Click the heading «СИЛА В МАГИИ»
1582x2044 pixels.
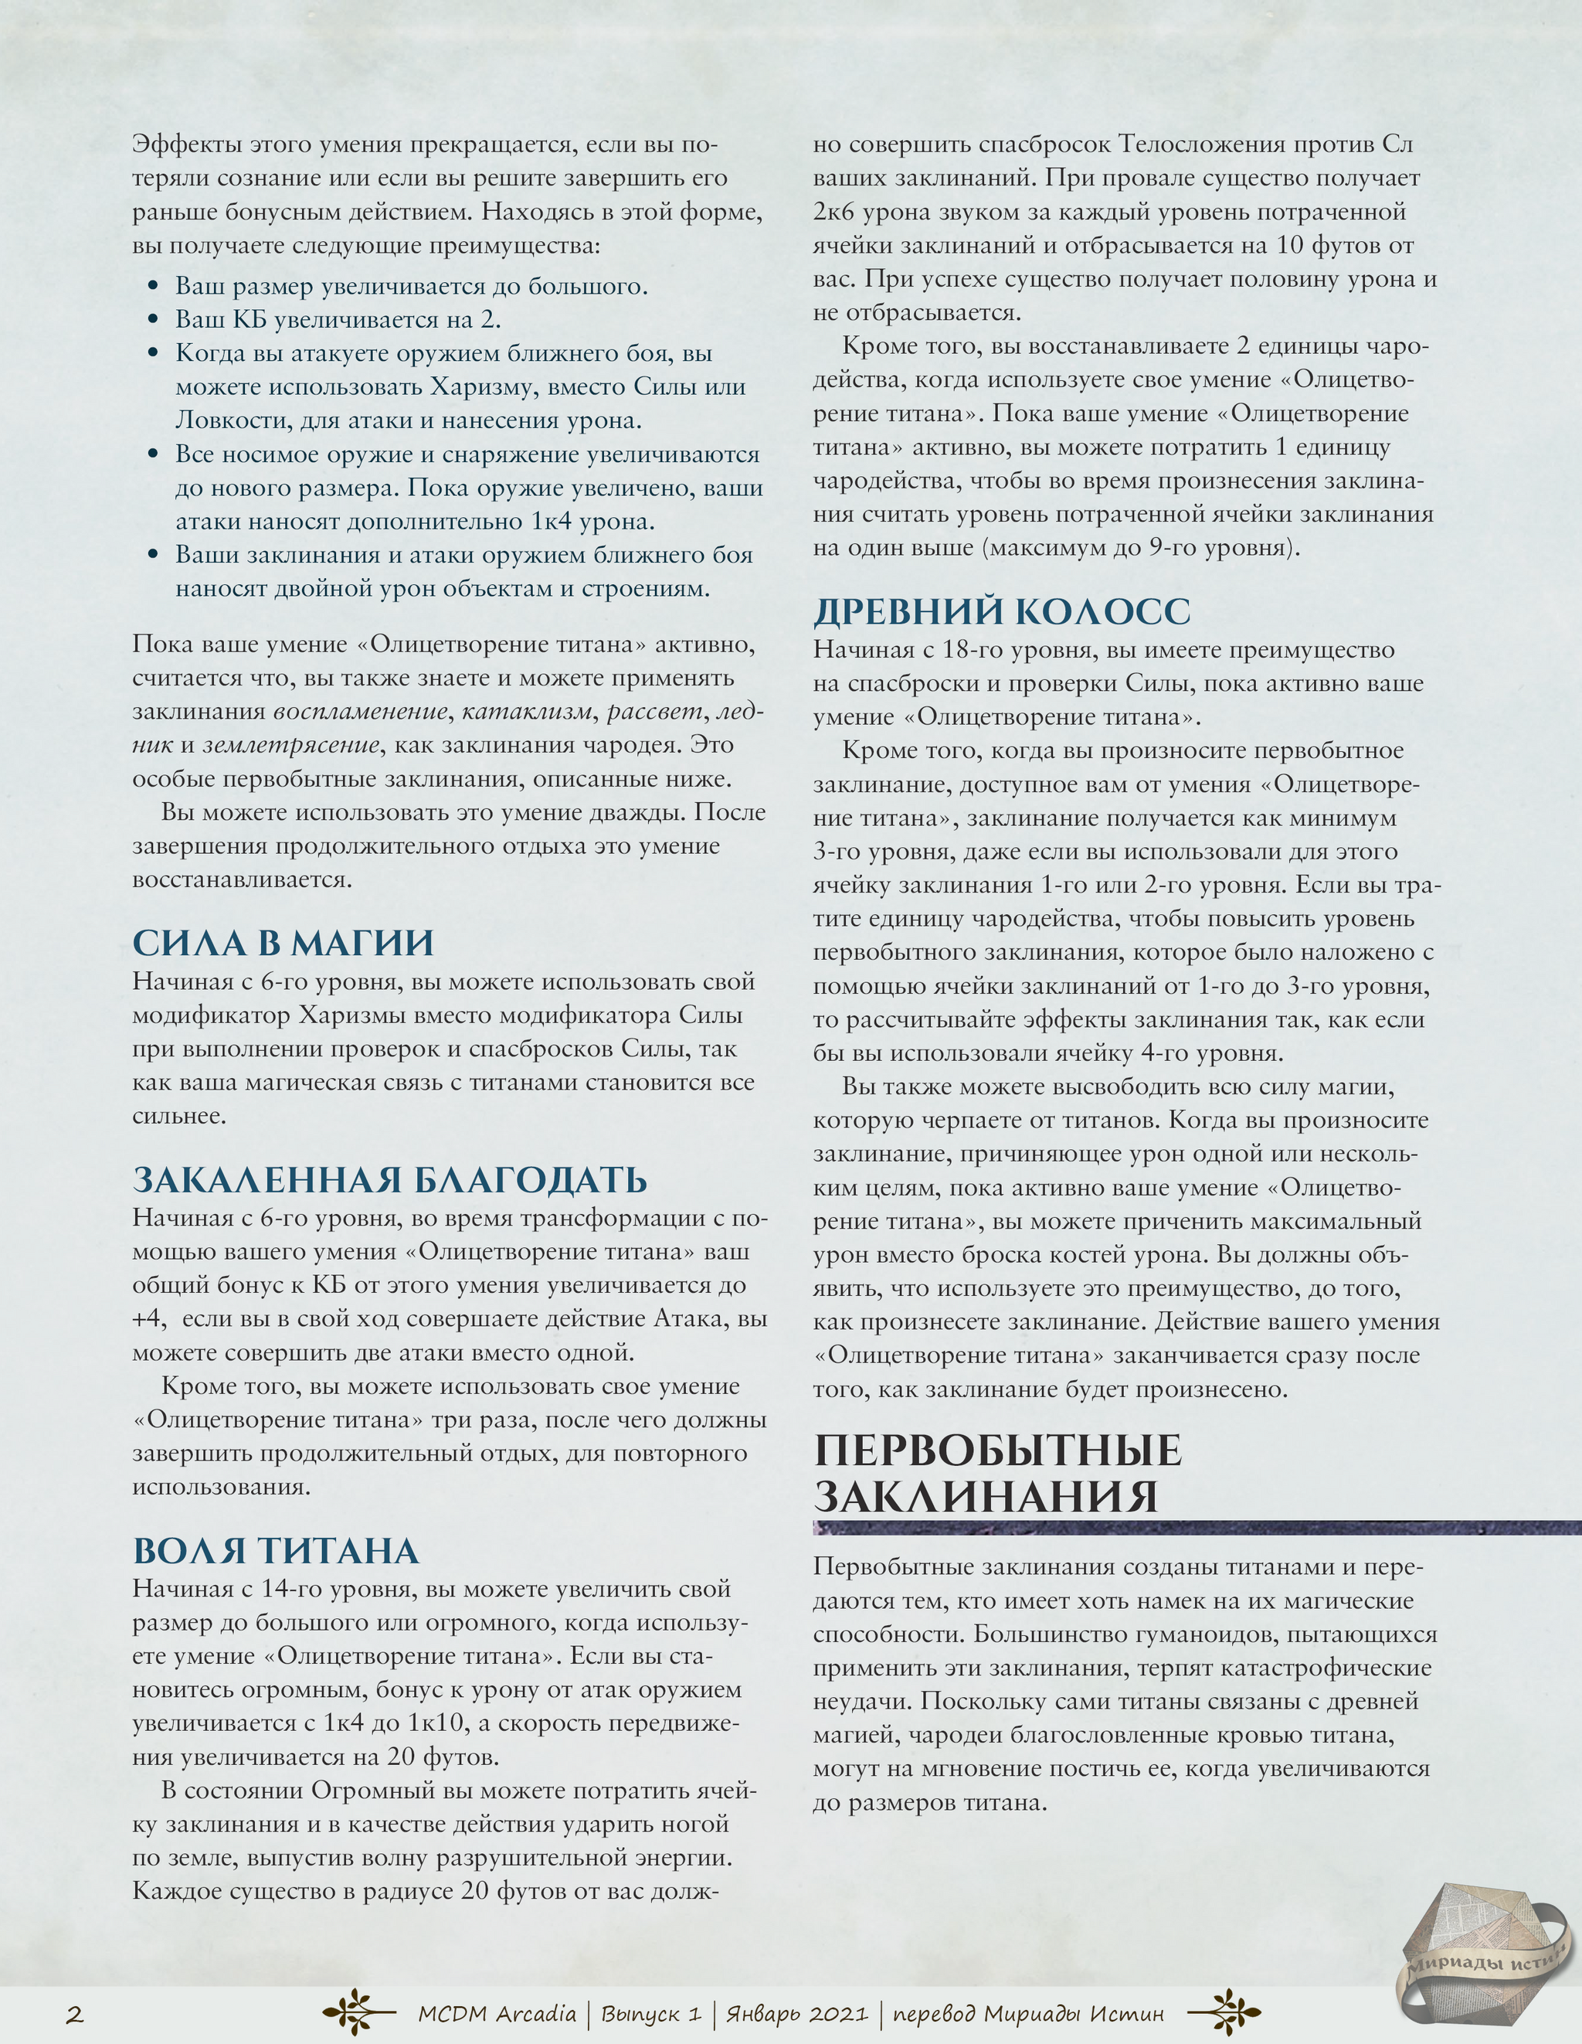tap(283, 943)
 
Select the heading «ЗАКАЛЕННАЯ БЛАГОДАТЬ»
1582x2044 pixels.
tap(390, 1179)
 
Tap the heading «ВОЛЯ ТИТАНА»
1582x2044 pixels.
tap(276, 1550)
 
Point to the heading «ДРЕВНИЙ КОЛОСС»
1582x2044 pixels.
tap(1002, 611)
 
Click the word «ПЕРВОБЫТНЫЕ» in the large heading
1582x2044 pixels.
tap(998, 1451)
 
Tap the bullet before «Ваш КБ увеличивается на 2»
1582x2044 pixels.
tap(154, 320)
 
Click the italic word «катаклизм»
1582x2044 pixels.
tap(527, 711)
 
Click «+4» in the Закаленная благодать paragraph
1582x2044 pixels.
tap(149, 1318)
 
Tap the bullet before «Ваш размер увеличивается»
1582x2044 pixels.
tap(154, 287)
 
